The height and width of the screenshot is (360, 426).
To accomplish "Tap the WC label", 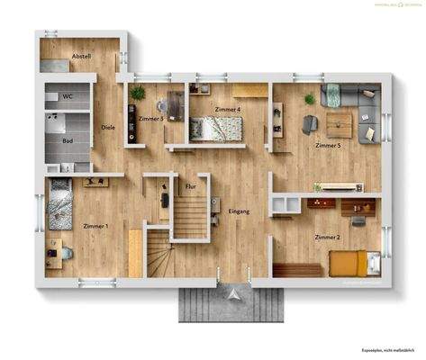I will pyautogui.click(x=66, y=95).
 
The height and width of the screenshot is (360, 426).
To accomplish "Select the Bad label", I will pyautogui.click(x=67, y=140).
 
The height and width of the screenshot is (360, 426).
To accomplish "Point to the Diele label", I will pyautogui.click(x=108, y=127).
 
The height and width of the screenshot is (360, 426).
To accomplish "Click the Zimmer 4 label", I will pyautogui.click(x=228, y=110).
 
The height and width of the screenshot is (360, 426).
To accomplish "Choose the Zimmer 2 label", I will pyautogui.click(x=327, y=237).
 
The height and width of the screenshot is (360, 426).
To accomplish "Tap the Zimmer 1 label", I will pyautogui.click(x=95, y=226).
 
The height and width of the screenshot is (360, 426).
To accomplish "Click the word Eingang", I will pyautogui.click(x=239, y=211).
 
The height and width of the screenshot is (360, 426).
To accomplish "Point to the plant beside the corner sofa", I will pyautogui.click(x=310, y=98).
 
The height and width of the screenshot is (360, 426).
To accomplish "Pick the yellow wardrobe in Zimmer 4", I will pyautogui.click(x=251, y=89).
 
